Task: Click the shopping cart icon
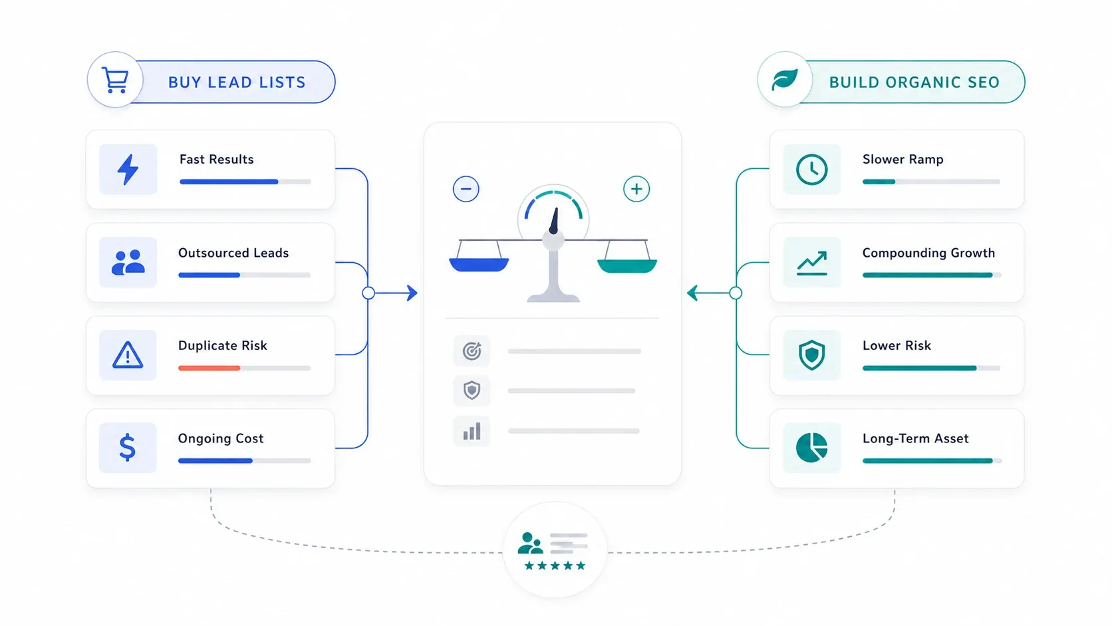tap(115, 80)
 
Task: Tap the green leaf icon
tap(785, 79)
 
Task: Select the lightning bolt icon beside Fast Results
tap(128, 169)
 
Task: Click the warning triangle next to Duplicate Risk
tap(128, 355)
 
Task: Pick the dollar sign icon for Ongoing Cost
tap(128, 447)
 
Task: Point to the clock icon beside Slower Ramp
tap(811, 169)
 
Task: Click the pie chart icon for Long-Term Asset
tap(811, 447)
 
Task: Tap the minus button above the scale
tap(466, 189)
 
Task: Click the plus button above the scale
tap(636, 189)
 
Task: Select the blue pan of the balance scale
tap(479, 265)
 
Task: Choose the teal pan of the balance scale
tap(627, 265)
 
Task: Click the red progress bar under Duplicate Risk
tap(209, 368)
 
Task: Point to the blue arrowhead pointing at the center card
tap(412, 293)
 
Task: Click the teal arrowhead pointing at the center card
tap(692, 293)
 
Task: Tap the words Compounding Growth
tap(928, 253)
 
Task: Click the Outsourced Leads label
tap(233, 253)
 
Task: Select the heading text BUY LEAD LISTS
tap(237, 82)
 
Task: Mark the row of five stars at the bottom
tap(555, 565)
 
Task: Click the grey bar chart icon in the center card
tap(472, 431)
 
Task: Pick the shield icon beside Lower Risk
tap(811, 355)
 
